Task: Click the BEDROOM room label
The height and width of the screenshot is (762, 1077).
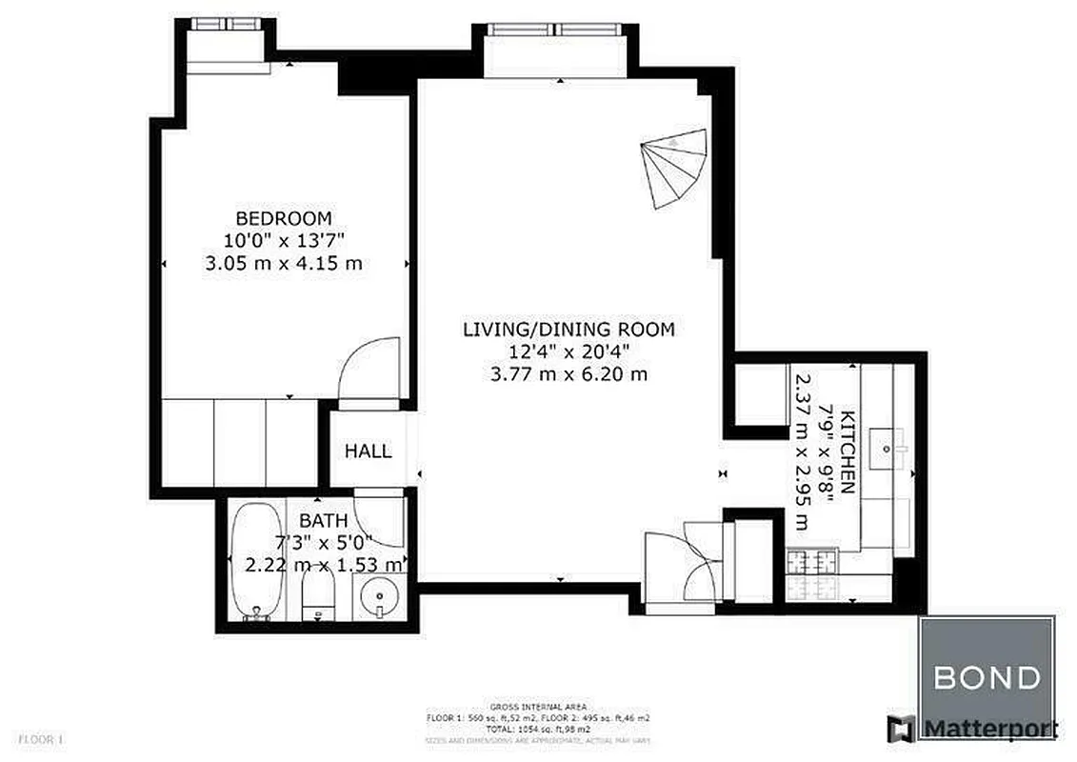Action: coord(284,217)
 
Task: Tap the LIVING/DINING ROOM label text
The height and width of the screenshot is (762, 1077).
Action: coord(568,331)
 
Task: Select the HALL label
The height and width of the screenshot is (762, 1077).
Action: coord(368,451)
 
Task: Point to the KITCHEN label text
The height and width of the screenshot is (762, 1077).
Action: coord(848,448)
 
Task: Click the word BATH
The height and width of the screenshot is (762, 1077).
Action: coord(323,521)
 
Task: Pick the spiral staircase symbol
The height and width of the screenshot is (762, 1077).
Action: coord(675,168)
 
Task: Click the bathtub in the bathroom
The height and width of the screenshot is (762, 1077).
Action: coord(255,562)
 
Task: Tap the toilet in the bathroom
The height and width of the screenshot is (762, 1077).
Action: coord(316,597)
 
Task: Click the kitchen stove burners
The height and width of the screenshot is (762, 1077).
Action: coord(809,574)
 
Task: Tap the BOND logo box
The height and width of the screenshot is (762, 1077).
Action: coord(986,677)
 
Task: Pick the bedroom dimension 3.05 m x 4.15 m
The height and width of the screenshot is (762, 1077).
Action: coord(284,264)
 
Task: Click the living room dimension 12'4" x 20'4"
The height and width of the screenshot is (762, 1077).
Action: coord(568,352)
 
